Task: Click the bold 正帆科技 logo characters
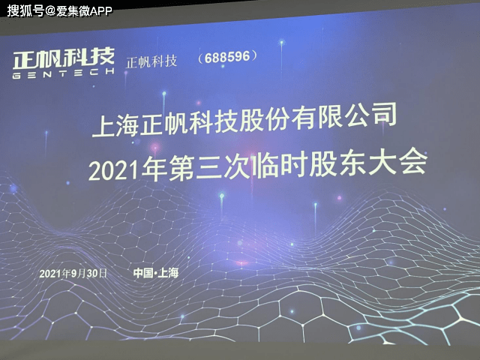[64, 55]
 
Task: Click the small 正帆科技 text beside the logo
[152, 61]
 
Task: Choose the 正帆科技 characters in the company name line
[187, 121]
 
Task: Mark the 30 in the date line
[94, 274]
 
